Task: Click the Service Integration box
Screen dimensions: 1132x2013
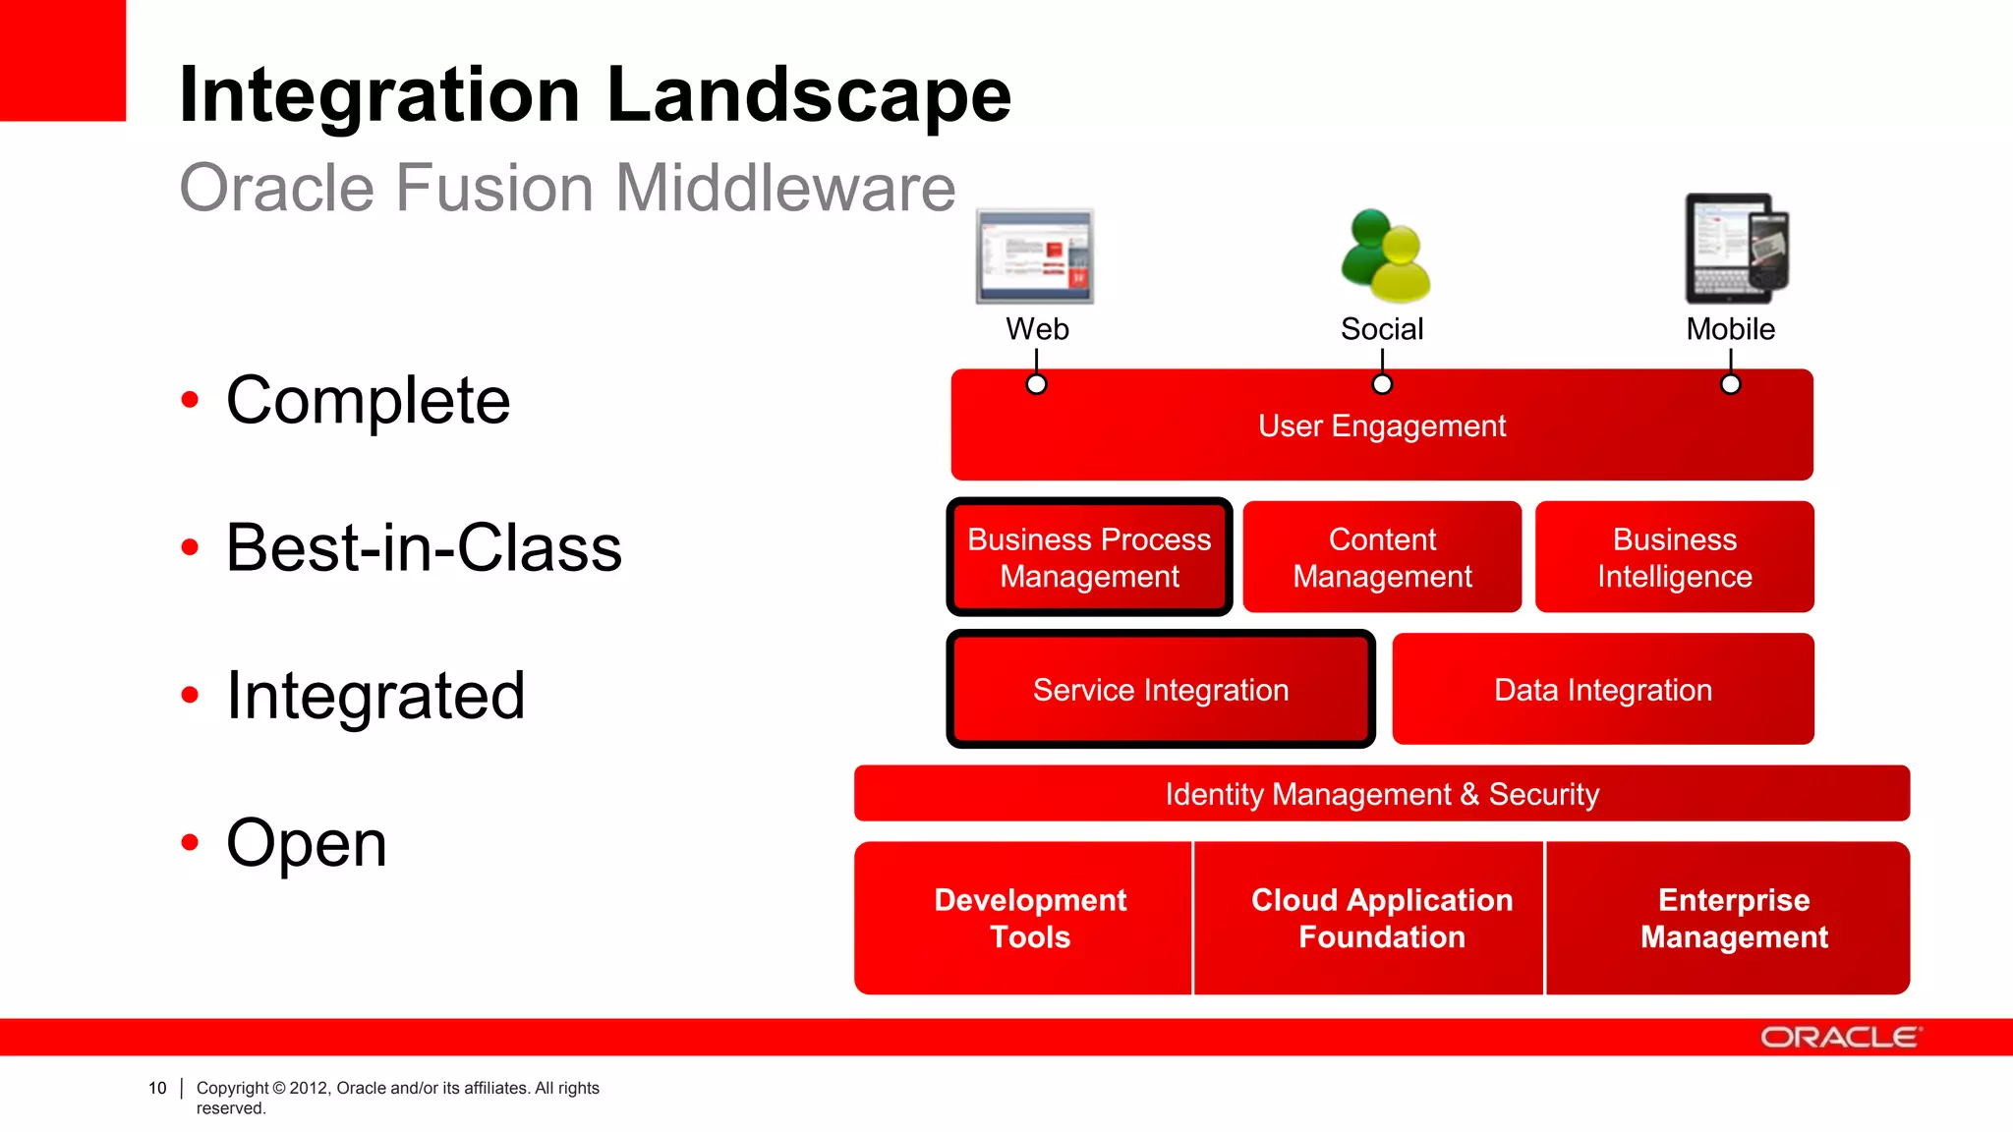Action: (1160, 690)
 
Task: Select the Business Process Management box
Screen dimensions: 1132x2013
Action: (1089, 557)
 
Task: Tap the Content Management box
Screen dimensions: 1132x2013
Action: (1382, 557)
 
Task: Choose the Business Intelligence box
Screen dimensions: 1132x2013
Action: (1674, 557)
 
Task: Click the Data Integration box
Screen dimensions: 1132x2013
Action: (1602, 690)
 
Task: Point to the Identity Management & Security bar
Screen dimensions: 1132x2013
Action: (1382, 794)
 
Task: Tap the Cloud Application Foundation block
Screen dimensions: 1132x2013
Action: (1381, 918)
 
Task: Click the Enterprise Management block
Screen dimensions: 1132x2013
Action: (1734, 918)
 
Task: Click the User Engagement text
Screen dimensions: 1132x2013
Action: (1381, 426)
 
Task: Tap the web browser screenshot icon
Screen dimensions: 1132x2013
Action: (1035, 255)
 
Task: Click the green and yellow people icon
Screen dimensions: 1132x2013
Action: (1385, 256)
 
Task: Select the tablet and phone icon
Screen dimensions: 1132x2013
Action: (1736, 249)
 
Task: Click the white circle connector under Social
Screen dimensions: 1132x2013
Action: (1382, 384)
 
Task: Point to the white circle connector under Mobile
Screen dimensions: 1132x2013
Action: (1731, 384)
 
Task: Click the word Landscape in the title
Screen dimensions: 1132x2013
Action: (808, 95)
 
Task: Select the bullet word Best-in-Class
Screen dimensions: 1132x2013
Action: (424, 547)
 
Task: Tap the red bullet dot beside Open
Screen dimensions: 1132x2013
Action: (190, 842)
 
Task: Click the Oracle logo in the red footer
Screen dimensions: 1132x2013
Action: (1839, 1038)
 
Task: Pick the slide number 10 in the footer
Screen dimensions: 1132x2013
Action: (157, 1088)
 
